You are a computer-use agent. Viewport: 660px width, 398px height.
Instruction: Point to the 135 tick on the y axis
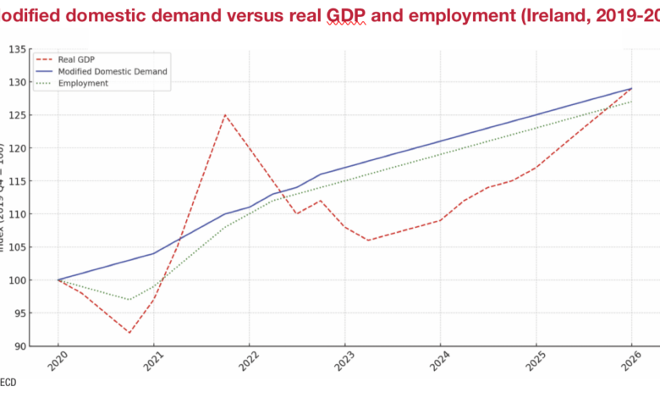[x=14, y=49]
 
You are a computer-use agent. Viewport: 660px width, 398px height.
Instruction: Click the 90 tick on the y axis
[x=17, y=346]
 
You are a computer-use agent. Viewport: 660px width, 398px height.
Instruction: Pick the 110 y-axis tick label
[x=14, y=214]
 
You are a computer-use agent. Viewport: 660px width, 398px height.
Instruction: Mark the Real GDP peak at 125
[x=225, y=115]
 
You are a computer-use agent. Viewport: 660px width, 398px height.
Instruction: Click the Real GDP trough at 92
[x=129, y=333]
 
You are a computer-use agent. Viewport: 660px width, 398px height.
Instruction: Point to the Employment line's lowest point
[x=129, y=300]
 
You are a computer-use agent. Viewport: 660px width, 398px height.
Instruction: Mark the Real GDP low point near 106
[x=368, y=240]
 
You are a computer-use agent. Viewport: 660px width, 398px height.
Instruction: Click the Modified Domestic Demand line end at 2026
[x=630, y=89]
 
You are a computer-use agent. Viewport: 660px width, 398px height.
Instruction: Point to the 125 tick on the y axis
[x=14, y=115]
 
